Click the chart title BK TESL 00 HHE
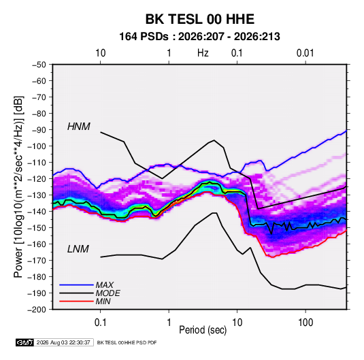click(200, 19)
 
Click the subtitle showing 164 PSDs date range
click(199, 37)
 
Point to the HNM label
click(79, 127)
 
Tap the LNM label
click(78, 249)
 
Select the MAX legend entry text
click(105, 285)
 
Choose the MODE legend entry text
click(107, 293)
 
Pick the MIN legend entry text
click(103, 301)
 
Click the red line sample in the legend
click(76, 301)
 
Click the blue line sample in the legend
click(76, 285)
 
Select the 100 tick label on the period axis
click(305, 323)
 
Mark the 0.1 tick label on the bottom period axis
click(100, 323)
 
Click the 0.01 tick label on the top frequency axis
click(305, 53)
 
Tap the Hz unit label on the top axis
click(203, 53)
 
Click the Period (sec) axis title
click(203, 330)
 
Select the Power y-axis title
click(18, 187)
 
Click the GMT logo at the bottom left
click(24, 342)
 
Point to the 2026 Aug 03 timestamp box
click(63, 342)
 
